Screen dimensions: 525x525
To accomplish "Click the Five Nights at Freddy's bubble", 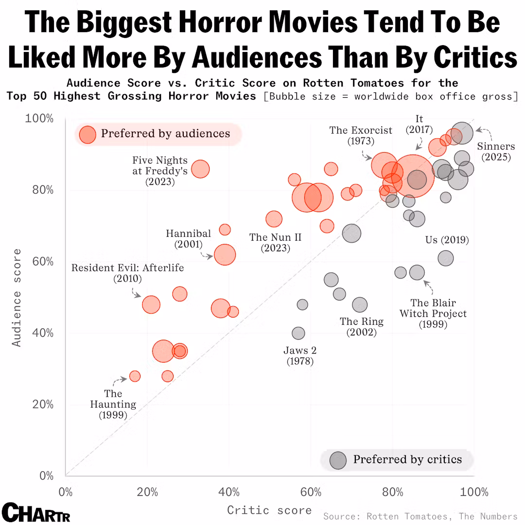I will tap(200, 169).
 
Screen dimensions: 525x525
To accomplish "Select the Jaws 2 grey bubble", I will tap(298, 333).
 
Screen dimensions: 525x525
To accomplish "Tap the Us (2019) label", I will tap(447, 240).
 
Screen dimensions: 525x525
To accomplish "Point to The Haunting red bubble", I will tap(135, 376).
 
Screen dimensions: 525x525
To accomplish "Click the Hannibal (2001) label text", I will tap(188, 239).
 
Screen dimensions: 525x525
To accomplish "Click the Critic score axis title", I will tap(269, 510).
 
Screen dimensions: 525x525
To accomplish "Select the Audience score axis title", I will tap(17, 297).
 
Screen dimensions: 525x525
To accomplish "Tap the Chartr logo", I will tap(35, 512).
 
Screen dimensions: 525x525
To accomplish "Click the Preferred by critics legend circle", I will tap(338, 460).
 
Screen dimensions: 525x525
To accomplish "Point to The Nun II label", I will tap(275, 243).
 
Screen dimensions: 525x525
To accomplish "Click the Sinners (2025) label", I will tap(495, 152).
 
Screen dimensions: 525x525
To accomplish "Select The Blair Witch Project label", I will tap(433, 314).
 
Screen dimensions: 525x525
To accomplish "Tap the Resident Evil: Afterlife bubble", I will tap(151, 305).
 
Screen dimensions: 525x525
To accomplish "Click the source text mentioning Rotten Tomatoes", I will tap(420, 516).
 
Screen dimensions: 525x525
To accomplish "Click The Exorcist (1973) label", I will tap(360, 136).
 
